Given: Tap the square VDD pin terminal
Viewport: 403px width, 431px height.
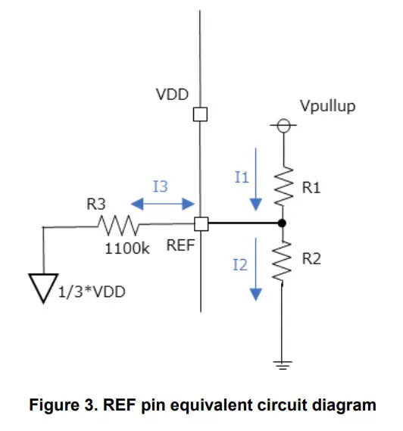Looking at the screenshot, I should [201, 115].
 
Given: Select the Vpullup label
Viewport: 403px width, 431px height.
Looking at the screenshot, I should [327, 107].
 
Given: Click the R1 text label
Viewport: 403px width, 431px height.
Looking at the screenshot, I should [311, 187].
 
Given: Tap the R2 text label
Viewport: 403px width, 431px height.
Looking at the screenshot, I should [311, 259].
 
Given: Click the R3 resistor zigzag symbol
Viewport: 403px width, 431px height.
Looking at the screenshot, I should [117, 224].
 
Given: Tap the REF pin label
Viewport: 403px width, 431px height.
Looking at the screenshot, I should [180, 247].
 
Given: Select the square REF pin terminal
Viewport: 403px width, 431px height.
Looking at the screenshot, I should [201, 224].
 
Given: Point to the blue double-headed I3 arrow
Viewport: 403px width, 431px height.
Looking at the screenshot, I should [162, 204].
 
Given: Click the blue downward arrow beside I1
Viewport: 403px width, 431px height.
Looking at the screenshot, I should [257, 178].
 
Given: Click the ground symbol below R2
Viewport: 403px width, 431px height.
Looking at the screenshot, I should [282, 364].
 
